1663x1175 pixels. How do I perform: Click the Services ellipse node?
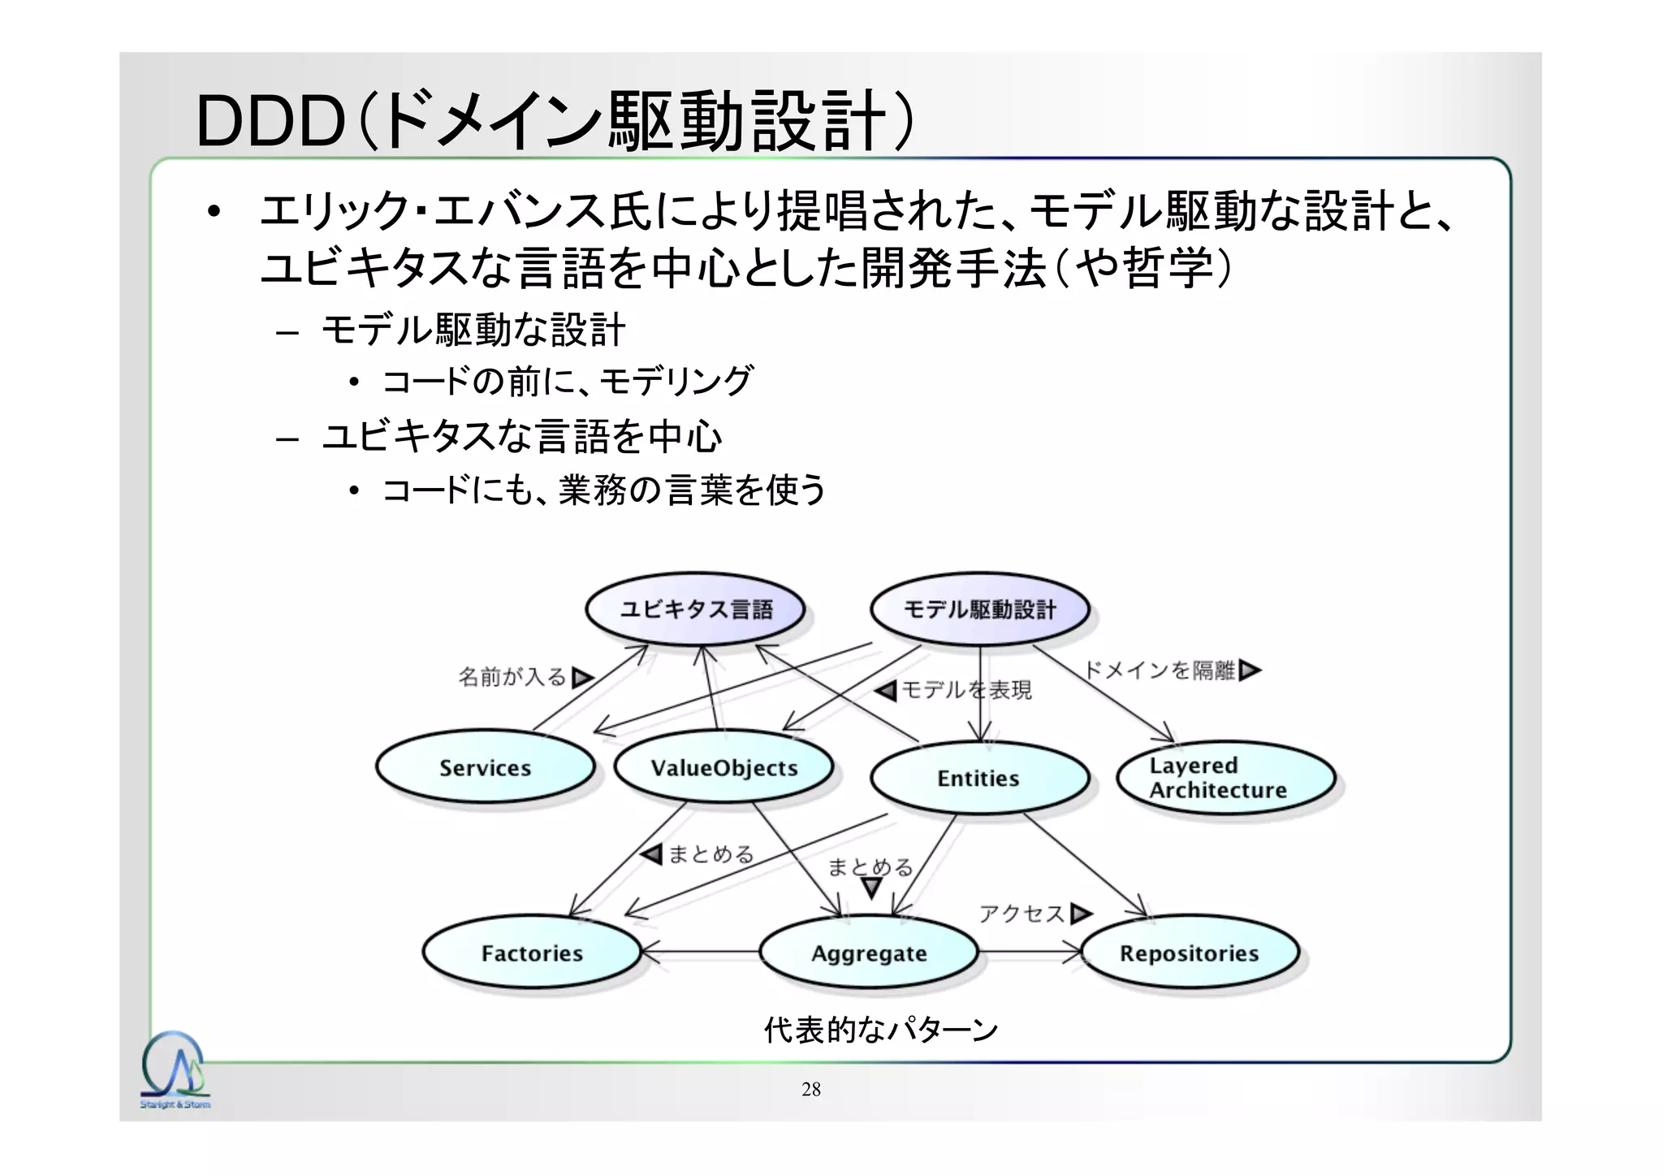pyautogui.click(x=485, y=767)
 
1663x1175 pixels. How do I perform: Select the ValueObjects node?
pyautogui.click(x=724, y=767)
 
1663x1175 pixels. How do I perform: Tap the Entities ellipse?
pyautogui.click(x=978, y=778)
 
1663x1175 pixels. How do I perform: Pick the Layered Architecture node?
pyautogui.click(x=1225, y=778)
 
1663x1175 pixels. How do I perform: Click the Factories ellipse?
pyautogui.click(x=532, y=953)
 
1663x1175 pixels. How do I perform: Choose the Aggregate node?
pyautogui.click(x=868, y=953)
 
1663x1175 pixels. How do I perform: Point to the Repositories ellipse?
pyautogui.click(x=1189, y=953)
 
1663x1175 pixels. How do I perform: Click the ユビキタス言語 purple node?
pyautogui.click(x=695, y=609)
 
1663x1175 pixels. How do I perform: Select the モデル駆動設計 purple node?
pyautogui.click(x=979, y=609)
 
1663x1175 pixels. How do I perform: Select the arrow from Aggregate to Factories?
pyautogui.click(x=700, y=952)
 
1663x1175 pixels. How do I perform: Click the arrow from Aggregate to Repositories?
pyautogui.click(x=1030, y=952)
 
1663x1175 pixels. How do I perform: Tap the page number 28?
pyautogui.click(x=810, y=1089)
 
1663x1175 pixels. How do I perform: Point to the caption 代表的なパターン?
pyautogui.click(x=880, y=1030)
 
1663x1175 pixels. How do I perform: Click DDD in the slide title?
pyautogui.click(x=270, y=122)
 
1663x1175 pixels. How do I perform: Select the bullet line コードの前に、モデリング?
pyautogui.click(x=567, y=381)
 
